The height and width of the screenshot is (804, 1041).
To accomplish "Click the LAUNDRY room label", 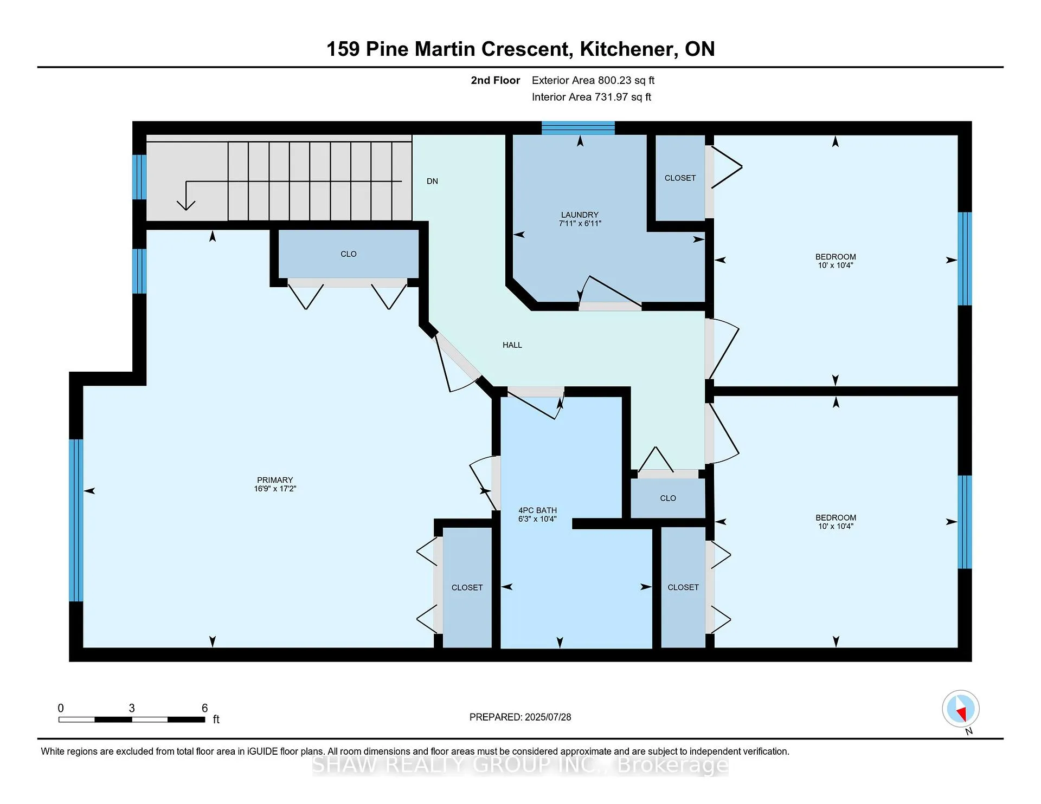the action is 580,215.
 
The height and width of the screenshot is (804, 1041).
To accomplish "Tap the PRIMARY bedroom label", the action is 275,480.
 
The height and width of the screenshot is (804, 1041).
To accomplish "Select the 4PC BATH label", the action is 537,510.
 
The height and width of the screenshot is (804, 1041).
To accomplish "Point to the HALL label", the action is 512,345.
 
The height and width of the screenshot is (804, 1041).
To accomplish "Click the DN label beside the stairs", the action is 432,181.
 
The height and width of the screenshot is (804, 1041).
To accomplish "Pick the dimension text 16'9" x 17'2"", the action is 275,489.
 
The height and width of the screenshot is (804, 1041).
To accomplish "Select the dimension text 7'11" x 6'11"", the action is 580,223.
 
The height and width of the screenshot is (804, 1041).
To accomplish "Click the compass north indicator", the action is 961,709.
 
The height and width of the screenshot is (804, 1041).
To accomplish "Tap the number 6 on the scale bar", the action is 204,708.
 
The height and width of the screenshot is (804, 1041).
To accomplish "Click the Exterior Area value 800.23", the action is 615,80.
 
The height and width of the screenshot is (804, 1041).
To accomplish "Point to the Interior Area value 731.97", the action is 611,97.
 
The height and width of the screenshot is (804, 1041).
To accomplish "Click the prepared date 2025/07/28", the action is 548,717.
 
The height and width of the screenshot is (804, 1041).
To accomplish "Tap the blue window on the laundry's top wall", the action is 578,128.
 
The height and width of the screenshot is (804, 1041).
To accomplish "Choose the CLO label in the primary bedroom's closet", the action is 349,254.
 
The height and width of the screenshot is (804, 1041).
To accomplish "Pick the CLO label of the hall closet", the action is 668,498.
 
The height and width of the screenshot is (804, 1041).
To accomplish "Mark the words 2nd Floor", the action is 496,80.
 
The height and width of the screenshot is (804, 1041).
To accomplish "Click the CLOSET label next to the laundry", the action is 680,178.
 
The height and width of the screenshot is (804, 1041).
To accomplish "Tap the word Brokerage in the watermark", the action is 673,765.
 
